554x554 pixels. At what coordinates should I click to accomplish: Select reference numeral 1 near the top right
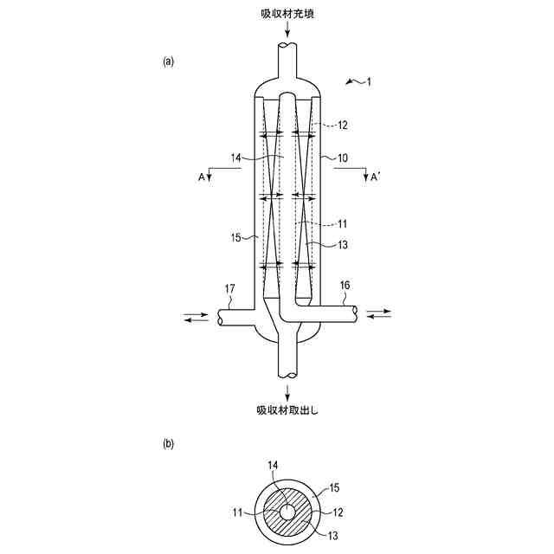coord(368,82)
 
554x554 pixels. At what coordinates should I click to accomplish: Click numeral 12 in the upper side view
coord(342,126)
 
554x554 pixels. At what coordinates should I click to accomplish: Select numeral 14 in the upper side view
coord(238,158)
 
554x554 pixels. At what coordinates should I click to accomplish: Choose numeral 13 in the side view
coord(342,245)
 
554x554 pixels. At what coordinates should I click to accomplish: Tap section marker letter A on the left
coord(202,177)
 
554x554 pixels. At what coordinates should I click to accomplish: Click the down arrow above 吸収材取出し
coord(287,389)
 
